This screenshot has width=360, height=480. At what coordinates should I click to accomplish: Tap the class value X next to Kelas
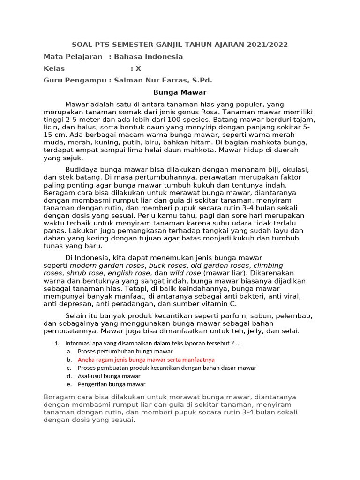pos(138,68)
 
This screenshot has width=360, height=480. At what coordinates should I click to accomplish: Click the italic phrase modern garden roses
pos(107,265)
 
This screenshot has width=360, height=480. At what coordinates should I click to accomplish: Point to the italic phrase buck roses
pos(167,265)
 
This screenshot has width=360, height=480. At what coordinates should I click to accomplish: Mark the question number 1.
pos(57,343)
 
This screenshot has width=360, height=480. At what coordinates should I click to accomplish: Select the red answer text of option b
pos(146,360)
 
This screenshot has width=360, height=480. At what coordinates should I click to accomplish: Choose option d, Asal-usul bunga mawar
pos(109,376)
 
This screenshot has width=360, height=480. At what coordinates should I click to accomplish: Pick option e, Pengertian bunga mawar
pos(112,384)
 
